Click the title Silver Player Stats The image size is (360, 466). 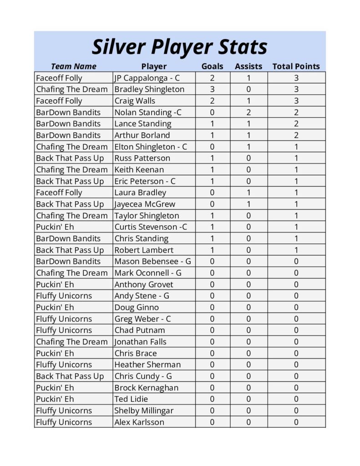pos(179,46)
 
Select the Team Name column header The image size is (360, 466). pos(73,66)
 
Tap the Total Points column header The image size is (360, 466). pos(296,66)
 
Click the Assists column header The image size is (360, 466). pos(248,66)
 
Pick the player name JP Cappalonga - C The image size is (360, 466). pos(147,78)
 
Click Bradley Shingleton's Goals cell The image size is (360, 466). pos(212,89)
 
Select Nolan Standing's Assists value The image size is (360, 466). pos(248,112)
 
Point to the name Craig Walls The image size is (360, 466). pos(135,101)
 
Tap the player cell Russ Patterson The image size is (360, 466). pos(142,158)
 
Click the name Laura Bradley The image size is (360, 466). pos(140,192)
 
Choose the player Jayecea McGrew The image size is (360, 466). pos(145,204)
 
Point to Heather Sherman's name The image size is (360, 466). pos(147,365)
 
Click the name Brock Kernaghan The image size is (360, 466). pos(146,388)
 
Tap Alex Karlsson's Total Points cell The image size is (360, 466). pos(296,422)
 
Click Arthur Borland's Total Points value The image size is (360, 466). pos(296,135)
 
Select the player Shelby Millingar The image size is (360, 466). pos(144,410)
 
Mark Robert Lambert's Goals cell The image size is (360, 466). pos(212,250)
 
